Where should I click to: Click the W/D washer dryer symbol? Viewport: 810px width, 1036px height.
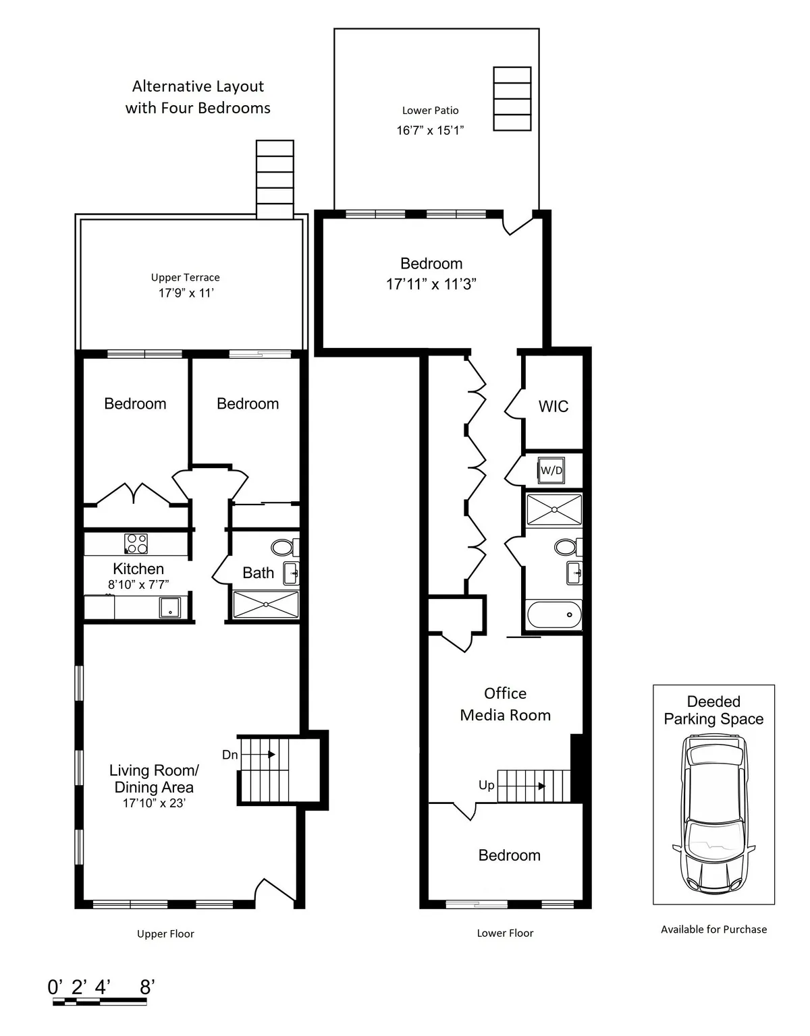click(x=551, y=470)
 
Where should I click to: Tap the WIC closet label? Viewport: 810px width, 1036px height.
click(x=553, y=406)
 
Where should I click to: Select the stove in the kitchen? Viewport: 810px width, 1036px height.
click(x=136, y=544)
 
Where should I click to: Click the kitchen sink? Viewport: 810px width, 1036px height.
click(x=170, y=607)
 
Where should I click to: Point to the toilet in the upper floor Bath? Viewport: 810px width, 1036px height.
click(x=282, y=546)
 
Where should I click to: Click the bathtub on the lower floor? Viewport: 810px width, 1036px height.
click(x=553, y=614)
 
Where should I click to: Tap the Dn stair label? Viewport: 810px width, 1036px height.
click(x=230, y=755)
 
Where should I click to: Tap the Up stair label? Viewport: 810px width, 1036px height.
click(x=486, y=785)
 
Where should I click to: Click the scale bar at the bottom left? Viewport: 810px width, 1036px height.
click(x=100, y=1002)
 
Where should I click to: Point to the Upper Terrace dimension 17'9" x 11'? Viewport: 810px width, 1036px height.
click(x=186, y=293)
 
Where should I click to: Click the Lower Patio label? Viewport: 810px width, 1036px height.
click(x=430, y=111)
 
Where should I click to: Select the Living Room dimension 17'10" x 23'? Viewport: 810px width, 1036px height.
click(x=154, y=803)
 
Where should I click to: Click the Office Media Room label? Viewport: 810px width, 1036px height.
click(x=505, y=704)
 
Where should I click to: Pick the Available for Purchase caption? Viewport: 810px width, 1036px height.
click(x=713, y=929)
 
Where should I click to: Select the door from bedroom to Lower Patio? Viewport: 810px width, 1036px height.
click(x=518, y=223)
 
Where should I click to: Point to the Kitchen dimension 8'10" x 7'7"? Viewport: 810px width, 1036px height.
click(x=138, y=585)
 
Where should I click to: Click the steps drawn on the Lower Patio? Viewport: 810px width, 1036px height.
click(x=512, y=98)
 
